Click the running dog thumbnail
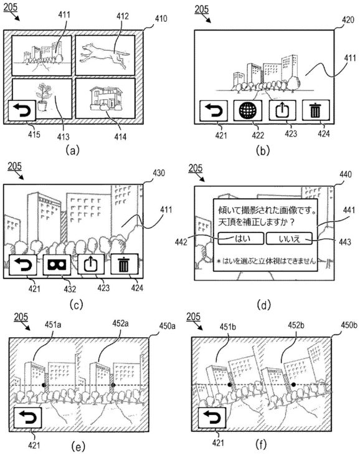105,55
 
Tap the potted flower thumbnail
42,98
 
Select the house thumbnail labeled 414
105,98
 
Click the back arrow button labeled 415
22,110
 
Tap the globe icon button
248,110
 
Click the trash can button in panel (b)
316,110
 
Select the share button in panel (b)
282,110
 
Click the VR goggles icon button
57,265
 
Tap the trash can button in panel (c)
125,265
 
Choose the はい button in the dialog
241,239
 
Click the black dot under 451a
44,385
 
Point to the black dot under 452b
293,385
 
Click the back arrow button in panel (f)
212,418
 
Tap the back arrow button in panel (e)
28,418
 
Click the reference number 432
70,289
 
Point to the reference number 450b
349,325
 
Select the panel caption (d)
263,305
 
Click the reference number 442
181,242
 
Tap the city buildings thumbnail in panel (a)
42,55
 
